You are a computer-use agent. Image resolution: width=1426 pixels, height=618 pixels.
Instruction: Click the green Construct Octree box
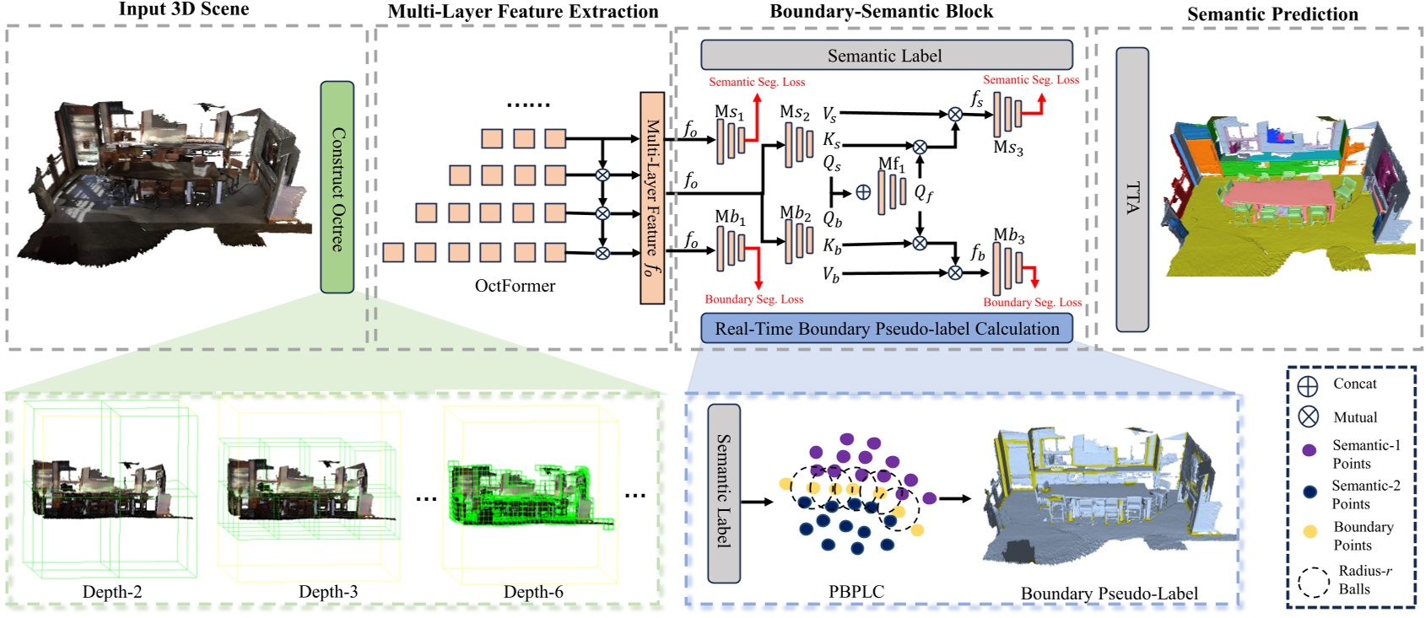pos(337,187)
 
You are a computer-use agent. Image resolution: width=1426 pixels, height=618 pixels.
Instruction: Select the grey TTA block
pos(1132,190)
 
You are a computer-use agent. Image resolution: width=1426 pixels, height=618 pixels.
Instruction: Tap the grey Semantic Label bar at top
pos(886,56)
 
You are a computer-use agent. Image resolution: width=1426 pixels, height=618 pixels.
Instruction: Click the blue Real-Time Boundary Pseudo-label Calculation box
pos(886,329)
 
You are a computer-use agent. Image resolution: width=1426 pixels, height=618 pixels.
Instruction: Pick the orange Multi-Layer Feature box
pos(652,198)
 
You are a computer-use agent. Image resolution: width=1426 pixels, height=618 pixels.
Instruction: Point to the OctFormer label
pos(515,286)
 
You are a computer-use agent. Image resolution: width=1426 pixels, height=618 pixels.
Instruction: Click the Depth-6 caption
pos(533,592)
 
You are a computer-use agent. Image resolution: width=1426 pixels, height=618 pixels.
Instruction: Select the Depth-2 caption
pos(112,592)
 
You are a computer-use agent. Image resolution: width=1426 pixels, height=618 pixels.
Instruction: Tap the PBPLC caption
pos(856,592)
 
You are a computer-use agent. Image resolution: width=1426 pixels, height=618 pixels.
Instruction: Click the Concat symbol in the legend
pos(1308,386)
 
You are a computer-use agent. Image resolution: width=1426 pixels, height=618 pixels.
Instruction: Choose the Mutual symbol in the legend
pos(1308,416)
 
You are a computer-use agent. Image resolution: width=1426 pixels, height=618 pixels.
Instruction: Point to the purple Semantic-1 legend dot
pos(1310,451)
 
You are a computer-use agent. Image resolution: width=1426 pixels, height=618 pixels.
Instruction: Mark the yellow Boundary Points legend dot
pos(1310,531)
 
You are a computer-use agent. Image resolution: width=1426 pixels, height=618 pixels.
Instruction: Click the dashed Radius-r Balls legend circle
pos(1313,582)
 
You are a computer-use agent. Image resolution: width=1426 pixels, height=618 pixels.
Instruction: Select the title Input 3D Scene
pos(184,9)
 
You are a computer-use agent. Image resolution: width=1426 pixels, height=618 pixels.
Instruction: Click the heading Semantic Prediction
pos(1272,14)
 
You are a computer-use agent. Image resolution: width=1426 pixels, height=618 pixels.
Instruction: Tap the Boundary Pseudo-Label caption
pos(1109,594)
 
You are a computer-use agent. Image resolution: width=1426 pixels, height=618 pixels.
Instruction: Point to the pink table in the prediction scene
pos(1278,196)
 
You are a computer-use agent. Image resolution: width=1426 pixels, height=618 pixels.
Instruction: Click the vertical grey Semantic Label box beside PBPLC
pos(724,493)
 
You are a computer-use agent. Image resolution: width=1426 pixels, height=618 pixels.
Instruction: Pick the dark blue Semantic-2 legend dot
pos(1310,492)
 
